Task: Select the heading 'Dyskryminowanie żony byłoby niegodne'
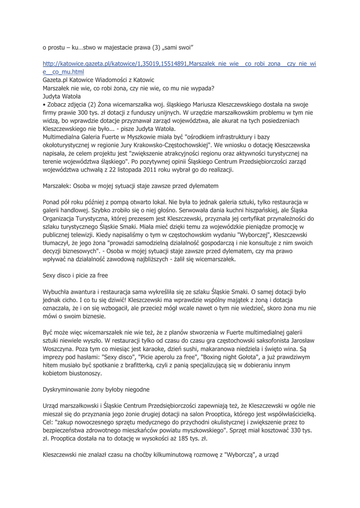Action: (x=93, y=389)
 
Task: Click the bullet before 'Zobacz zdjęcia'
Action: (x=44, y=105)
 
